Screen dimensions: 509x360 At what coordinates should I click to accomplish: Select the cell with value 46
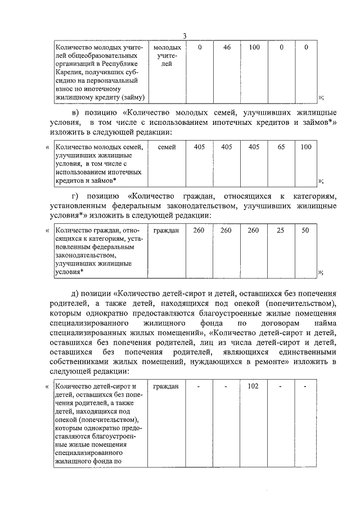click(x=227, y=48)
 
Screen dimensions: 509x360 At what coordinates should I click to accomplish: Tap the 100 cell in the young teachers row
click(x=254, y=48)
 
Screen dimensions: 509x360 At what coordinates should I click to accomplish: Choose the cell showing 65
click(x=281, y=147)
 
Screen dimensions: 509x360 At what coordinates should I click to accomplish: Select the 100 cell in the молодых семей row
click(x=305, y=147)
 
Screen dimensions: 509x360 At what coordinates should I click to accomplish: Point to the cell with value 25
click(x=281, y=231)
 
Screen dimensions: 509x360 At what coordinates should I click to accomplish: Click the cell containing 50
click(x=305, y=231)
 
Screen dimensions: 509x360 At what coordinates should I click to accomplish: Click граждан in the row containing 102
click(x=166, y=386)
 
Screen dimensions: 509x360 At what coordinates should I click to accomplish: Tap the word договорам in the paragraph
click(x=276, y=325)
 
